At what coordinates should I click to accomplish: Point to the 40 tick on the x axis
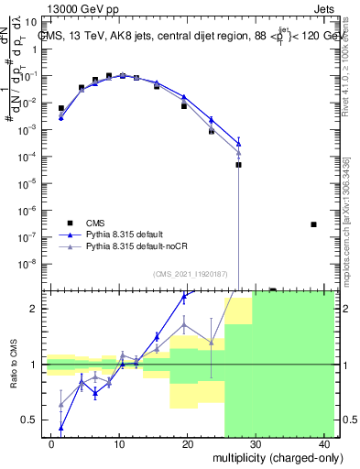click(324, 443)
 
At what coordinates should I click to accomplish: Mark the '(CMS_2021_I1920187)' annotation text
click(191, 274)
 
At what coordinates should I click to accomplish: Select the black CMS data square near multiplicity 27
click(238, 165)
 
